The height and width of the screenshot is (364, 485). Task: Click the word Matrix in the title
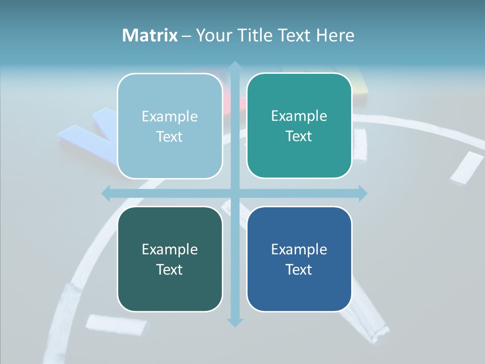pyautogui.click(x=150, y=35)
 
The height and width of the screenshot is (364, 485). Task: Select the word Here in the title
pyautogui.click(x=335, y=35)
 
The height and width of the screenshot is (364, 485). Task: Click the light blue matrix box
pyautogui.click(x=170, y=126)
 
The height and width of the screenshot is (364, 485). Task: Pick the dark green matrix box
pyautogui.click(x=170, y=259)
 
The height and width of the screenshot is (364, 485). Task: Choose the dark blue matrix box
pyautogui.click(x=299, y=259)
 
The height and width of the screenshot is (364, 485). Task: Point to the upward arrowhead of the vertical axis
pyautogui.click(x=234, y=66)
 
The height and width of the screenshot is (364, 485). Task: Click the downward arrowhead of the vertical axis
pyautogui.click(x=234, y=322)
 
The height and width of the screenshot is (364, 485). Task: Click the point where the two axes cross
pyautogui.click(x=234, y=193)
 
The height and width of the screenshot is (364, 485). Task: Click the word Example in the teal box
pyautogui.click(x=299, y=116)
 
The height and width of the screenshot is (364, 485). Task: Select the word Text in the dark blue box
pyautogui.click(x=299, y=269)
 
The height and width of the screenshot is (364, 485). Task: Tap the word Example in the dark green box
pyautogui.click(x=170, y=249)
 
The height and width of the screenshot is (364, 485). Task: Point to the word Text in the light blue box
pyautogui.click(x=170, y=136)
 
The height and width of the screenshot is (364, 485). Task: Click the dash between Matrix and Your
pyautogui.click(x=187, y=36)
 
